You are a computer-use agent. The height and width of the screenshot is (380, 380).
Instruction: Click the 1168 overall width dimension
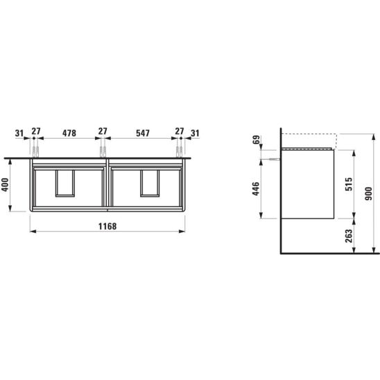[107, 226]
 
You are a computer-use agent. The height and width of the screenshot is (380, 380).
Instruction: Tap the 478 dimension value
[69, 133]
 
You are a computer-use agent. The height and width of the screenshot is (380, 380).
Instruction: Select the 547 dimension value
[143, 133]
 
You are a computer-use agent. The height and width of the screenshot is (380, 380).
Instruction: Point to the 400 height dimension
[5, 184]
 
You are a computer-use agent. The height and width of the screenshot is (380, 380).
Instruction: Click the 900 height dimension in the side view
[368, 193]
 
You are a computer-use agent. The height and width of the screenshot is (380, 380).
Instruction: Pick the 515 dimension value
[349, 184]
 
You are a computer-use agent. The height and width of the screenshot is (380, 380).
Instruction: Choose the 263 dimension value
[349, 236]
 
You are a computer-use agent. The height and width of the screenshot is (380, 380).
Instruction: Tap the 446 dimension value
[256, 189]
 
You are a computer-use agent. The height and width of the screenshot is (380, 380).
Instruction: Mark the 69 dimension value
[257, 139]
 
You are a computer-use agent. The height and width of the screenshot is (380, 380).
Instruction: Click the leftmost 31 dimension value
[19, 133]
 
